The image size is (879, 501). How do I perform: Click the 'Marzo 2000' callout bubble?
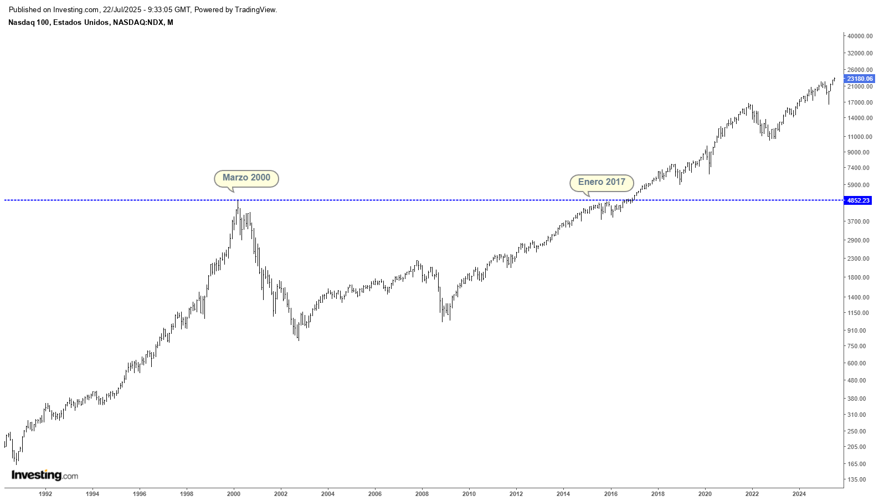(246, 178)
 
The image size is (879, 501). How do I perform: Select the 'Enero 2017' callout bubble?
(602, 182)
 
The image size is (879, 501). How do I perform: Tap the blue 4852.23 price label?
(858, 200)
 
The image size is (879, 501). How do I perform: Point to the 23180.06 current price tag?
(860, 79)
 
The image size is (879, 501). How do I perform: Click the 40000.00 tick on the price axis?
(860, 36)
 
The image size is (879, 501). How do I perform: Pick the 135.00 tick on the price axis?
(856, 479)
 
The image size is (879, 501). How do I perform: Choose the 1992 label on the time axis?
(45, 494)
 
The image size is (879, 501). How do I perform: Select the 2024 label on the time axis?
(799, 494)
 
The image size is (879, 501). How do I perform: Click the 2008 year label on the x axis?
(422, 494)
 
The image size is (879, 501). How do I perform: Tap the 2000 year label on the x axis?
(234, 494)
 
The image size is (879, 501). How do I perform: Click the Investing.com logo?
(45, 476)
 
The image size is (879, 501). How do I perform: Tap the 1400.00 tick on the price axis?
(858, 297)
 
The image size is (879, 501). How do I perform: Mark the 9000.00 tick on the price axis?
(858, 152)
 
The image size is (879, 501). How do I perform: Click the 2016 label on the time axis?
(610, 494)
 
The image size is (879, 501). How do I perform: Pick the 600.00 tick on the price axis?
(856, 363)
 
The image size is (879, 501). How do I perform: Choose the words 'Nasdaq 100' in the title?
(28, 23)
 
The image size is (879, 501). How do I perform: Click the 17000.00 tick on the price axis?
(860, 102)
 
